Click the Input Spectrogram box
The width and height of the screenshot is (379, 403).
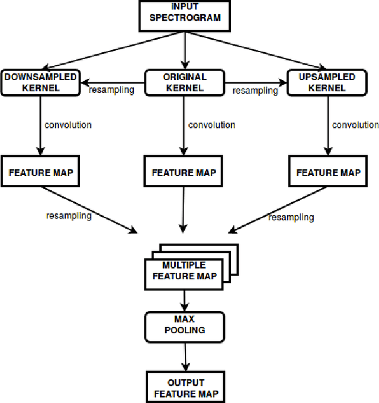coord(185,16)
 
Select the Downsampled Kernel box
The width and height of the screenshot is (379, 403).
coord(40,82)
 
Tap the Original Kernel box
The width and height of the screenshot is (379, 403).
coord(184,82)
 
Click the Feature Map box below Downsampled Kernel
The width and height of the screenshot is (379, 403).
coord(40,172)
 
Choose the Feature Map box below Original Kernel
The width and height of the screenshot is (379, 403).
coord(184,173)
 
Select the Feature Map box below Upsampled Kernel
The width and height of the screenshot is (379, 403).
coord(328,172)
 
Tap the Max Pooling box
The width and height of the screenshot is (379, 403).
coord(185,325)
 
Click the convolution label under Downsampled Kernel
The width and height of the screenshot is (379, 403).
coord(68,125)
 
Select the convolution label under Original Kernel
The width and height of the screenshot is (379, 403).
coord(211,125)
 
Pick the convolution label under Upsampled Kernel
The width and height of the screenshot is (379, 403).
coord(355,125)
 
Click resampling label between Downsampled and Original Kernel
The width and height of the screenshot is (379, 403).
coord(111,90)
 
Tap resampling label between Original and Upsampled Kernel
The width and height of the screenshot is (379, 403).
coord(255,91)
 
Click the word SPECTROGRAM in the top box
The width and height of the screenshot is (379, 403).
coord(185,18)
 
